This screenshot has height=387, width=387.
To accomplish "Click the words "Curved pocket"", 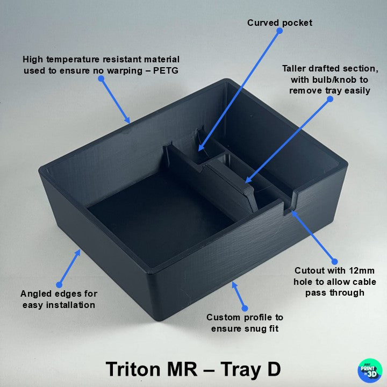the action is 279,23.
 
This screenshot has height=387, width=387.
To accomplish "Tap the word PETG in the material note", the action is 166,70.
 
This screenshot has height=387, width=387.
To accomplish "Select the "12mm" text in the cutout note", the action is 362,270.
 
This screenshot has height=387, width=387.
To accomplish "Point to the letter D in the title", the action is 274,369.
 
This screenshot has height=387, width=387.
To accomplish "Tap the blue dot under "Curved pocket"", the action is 279,31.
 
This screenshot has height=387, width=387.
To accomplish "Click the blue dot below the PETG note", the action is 101,78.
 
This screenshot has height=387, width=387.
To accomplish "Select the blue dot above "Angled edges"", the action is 59,285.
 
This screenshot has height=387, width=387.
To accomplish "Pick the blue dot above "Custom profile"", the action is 245,308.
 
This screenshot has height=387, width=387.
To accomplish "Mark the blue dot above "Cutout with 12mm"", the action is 334,262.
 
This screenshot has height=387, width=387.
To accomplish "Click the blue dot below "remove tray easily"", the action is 330,99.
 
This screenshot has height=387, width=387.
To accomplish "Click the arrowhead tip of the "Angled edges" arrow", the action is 80,249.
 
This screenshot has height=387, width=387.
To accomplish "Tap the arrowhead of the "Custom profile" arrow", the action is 232,282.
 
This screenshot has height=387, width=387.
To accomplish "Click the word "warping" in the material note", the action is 125,71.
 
